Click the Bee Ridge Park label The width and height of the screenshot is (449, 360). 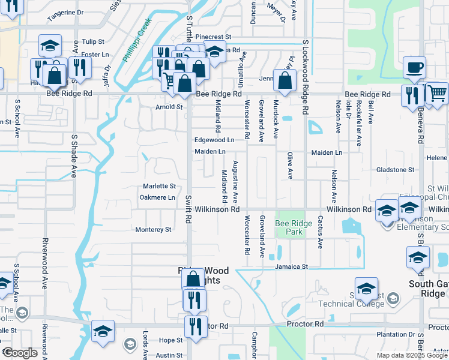294,227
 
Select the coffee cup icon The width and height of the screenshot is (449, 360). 414,68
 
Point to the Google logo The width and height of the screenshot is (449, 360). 19,353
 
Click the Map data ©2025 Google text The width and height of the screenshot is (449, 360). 412,355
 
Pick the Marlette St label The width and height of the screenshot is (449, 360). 159,186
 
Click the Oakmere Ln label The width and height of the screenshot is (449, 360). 157,197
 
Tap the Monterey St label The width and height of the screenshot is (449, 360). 154,229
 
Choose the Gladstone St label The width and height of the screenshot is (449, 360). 395,170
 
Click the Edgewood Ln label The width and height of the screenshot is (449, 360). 214,140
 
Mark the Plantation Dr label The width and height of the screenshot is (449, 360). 396,334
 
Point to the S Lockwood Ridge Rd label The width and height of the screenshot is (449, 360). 306,78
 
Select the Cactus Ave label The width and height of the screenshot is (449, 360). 321,232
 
